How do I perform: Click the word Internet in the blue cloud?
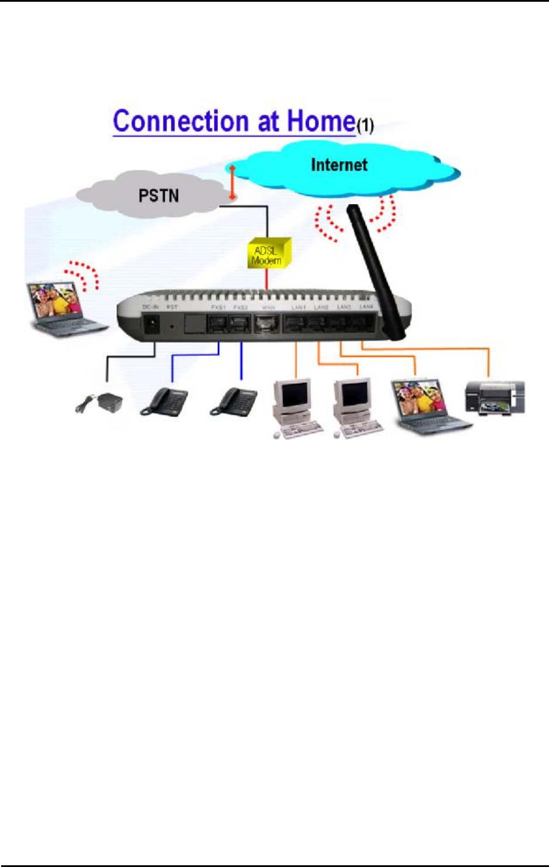tap(339, 165)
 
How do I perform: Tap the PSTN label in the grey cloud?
tap(158, 195)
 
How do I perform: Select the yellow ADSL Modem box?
tap(268, 253)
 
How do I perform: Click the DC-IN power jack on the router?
tap(152, 323)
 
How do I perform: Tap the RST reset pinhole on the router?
tap(172, 325)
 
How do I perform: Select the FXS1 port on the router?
tap(219, 324)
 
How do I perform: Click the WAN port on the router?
tap(267, 324)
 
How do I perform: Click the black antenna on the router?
tap(374, 270)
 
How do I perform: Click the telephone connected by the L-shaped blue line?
tap(164, 402)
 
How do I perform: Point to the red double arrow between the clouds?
tap(233, 182)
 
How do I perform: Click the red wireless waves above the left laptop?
tap(83, 274)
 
